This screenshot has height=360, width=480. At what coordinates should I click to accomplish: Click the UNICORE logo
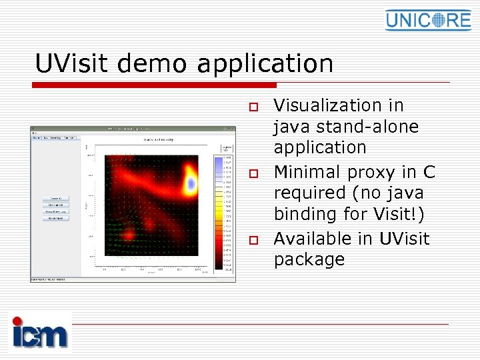[x=428, y=19]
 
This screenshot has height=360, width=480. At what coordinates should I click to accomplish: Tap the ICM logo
[x=40, y=331]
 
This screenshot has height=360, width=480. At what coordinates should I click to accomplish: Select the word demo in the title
[x=157, y=64]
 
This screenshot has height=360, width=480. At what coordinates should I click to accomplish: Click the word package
[x=309, y=260]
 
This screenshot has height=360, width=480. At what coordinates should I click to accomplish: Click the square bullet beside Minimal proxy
[x=253, y=173]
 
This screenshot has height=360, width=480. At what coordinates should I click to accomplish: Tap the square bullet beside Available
[x=253, y=239]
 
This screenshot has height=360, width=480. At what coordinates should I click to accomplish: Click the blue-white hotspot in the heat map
[x=191, y=181]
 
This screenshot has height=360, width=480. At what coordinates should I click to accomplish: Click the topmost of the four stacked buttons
[x=55, y=199]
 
